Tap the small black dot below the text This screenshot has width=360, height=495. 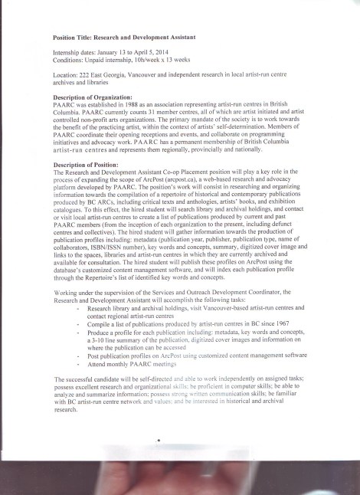[158, 441]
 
